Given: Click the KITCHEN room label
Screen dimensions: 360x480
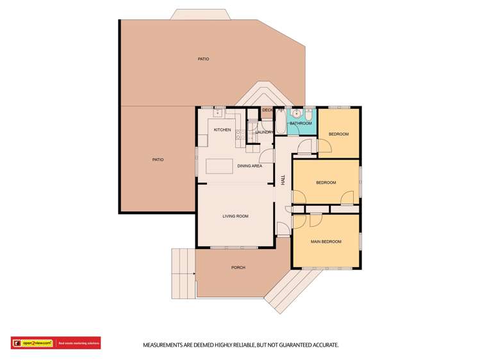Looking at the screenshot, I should tap(222, 130).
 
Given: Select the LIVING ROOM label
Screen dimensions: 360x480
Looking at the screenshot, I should tap(235, 217).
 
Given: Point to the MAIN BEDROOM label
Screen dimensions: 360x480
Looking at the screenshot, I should tap(326, 241).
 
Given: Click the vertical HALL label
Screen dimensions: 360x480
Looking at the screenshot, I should tap(283, 181).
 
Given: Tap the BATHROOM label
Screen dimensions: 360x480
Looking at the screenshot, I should tap(301, 123).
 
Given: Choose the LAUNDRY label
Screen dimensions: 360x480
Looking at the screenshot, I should tap(265, 132).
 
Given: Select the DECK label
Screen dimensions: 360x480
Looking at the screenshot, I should tap(268, 110).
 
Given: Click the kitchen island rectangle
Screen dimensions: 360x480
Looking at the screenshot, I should tap(219, 166).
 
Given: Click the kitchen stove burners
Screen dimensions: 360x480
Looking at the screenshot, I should tap(238, 135).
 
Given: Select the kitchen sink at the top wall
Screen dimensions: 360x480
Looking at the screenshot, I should tap(218, 113).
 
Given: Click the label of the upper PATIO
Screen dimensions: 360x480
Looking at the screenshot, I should tap(203, 59).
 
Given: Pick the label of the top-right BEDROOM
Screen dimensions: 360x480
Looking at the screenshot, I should tap(338, 134).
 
